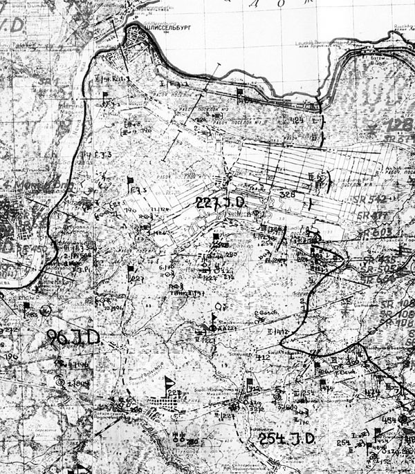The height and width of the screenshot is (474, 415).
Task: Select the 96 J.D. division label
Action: (x=74, y=337)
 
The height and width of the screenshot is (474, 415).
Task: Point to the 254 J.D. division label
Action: (x=286, y=438)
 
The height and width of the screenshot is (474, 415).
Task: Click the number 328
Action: (x=288, y=196)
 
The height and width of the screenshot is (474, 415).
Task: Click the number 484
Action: (x=388, y=419)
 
